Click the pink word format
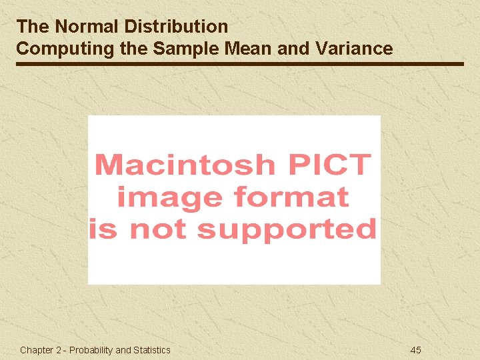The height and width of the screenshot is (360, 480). click(x=290, y=197)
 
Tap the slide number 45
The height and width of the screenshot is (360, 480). click(x=415, y=350)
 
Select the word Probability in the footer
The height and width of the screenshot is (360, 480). click(x=91, y=350)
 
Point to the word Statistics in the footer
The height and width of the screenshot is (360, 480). click(x=151, y=350)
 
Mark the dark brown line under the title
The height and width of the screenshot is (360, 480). click(x=240, y=64)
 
